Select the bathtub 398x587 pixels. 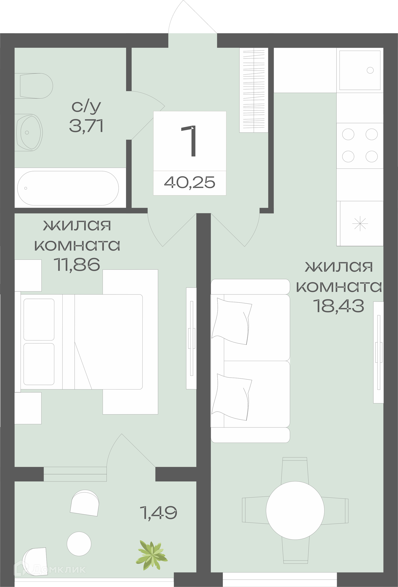coord(68,188)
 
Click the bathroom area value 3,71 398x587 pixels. coord(86,126)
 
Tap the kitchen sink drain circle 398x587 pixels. coord(370,70)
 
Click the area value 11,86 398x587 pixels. coord(77,265)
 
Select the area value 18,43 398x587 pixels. coord(339,306)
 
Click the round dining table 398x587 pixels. coord(295,510)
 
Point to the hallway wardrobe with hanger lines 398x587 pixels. coord(254,90)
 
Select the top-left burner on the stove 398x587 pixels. coord(348,134)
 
